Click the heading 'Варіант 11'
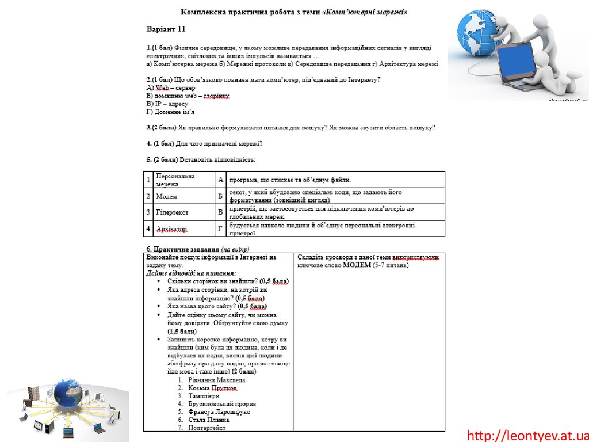166,29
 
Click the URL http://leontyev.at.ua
527,435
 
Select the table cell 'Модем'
167,196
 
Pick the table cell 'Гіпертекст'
172,212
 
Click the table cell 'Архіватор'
172,229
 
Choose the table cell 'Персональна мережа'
175,180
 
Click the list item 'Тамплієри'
204,396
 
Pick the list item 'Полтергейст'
207,428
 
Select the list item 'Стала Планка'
208,420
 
